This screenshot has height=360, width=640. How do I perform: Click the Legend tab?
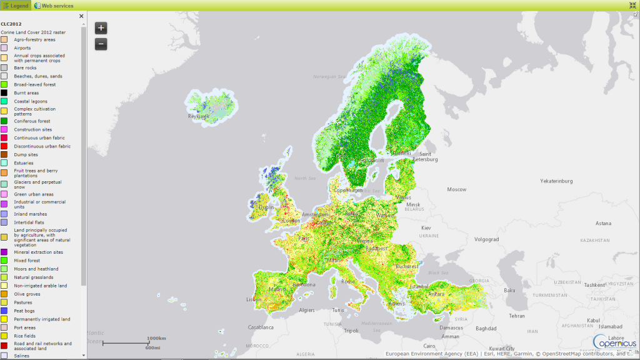pos(16,6)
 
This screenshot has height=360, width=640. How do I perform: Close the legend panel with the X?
pos(81,16)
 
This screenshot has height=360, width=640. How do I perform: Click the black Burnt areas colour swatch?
pos(4,92)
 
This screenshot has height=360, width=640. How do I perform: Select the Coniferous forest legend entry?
pos(31,121)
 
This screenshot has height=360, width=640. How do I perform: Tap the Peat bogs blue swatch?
pos(4,311)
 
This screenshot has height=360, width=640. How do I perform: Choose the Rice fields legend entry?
pos(25,336)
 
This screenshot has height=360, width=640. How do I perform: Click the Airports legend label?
pos(22,47)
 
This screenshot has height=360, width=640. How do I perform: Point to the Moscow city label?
pos(456,189)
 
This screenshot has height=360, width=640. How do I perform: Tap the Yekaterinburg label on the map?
pos(556,181)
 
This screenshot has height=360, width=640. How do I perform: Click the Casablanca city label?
pos(261,327)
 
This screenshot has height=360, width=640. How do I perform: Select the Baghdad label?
pos(485,328)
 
